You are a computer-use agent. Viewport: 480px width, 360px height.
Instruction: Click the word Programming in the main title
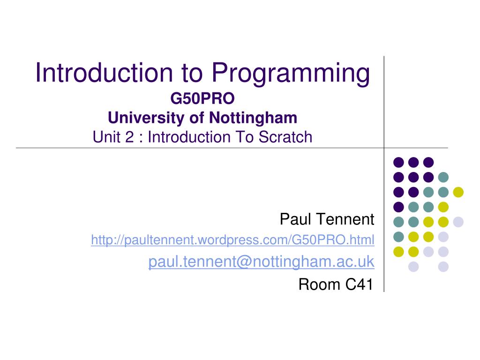[290, 74]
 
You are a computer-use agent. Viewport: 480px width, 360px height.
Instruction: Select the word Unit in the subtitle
[106, 137]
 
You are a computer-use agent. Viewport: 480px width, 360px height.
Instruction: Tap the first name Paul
[295, 218]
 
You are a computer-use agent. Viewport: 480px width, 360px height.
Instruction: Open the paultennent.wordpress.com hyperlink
[232, 240]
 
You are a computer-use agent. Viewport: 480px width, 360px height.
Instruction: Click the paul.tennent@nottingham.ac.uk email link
[261, 262]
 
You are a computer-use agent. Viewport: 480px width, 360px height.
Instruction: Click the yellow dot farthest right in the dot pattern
[458, 192]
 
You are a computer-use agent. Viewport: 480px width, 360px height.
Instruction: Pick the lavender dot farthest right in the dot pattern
[458, 222]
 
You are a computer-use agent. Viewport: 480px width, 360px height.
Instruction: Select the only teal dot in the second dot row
[443, 177]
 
